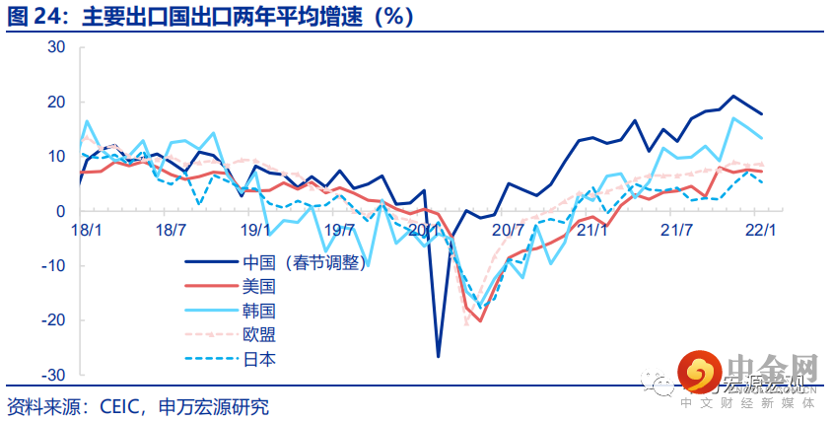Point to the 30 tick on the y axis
point(55,47)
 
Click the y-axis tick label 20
point(55,102)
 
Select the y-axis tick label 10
point(55,157)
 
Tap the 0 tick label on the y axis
point(59,211)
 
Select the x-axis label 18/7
point(171,230)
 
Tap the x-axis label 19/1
point(255,230)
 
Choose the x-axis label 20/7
point(508,230)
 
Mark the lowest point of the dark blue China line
point(438,356)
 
